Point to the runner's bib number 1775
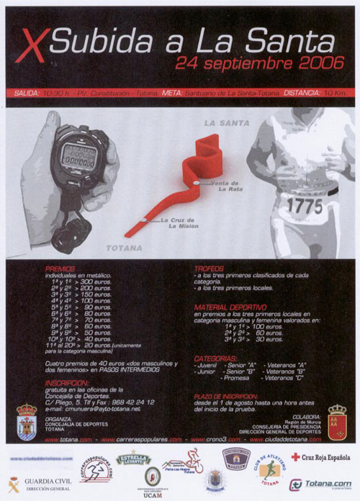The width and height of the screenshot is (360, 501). (x=305, y=205)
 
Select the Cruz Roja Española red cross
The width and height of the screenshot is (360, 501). (x=295, y=456)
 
